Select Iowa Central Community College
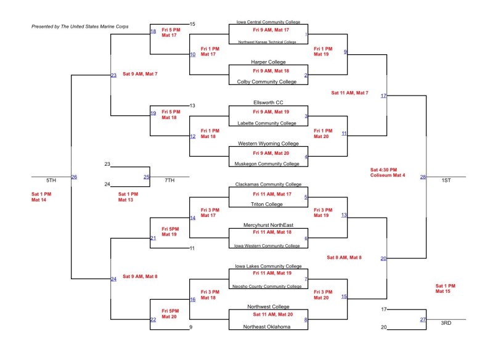click(x=267, y=22)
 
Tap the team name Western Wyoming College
click(x=267, y=144)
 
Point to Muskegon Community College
click(x=267, y=164)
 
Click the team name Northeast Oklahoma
click(x=267, y=327)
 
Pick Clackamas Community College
click(x=267, y=184)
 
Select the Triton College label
click(x=267, y=204)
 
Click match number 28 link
click(x=423, y=177)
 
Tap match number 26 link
click(x=74, y=178)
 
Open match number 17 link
click(x=383, y=96)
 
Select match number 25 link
click(x=147, y=177)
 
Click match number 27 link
click(x=423, y=319)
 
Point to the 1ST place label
click(x=446, y=180)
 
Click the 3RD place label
click(x=446, y=323)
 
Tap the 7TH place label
click(x=169, y=180)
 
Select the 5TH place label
click(x=51, y=180)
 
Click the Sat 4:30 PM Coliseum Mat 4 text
click(x=388, y=173)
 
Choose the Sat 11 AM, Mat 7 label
click(x=349, y=93)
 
